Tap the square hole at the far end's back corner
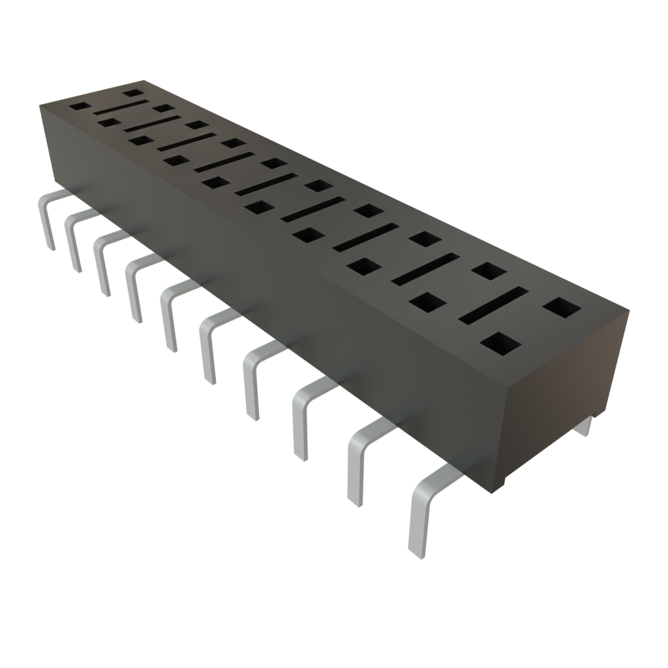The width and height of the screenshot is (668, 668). pyautogui.click(x=133, y=93)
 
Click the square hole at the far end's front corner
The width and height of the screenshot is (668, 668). pyautogui.click(x=78, y=106)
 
